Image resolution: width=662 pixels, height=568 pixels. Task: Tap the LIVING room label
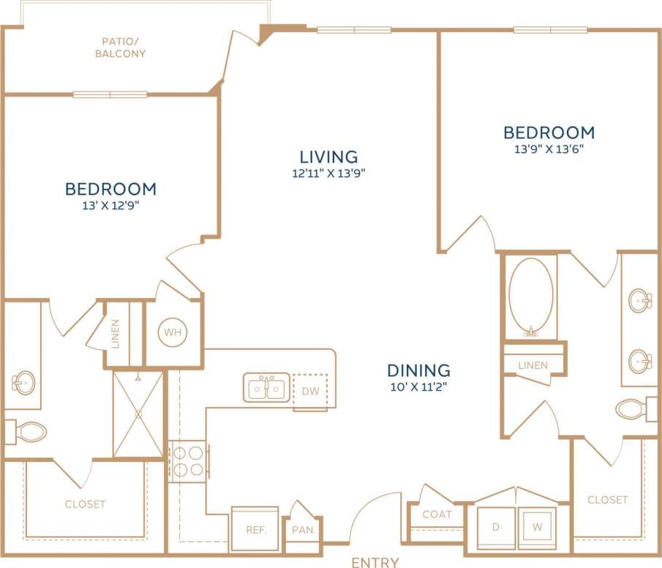point(328,156)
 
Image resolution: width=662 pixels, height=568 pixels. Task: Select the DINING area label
point(418,370)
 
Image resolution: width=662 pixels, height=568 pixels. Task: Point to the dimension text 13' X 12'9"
point(110,206)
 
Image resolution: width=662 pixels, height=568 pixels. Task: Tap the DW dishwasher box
point(311,391)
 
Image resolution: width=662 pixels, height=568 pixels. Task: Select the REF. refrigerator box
point(255,528)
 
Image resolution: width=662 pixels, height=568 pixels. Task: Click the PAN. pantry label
point(302,529)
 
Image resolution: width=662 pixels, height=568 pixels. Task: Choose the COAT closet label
point(437,514)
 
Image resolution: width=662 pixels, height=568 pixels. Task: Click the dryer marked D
point(496,526)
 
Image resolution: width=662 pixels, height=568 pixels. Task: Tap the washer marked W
point(538,526)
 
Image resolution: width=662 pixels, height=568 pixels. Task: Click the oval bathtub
point(531,296)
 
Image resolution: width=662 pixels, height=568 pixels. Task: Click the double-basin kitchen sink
point(266,388)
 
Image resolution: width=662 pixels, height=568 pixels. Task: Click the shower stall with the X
point(138,414)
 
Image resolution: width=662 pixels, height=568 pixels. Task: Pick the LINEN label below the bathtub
point(533,365)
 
